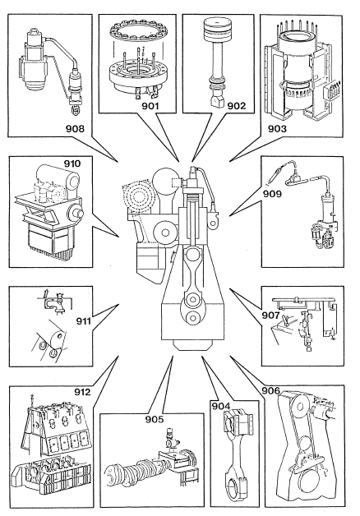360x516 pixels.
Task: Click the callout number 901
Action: [150, 106]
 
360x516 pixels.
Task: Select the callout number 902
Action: [237, 106]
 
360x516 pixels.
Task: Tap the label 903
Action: [277, 129]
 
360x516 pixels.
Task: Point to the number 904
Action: [220, 407]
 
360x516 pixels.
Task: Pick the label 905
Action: [155, 419]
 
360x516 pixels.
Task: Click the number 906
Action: [270, 390]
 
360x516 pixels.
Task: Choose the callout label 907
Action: [270, 316]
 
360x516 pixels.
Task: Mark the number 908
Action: [75, 129]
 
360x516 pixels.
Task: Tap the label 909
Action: [272, 194]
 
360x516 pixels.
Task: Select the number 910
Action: [72, 164]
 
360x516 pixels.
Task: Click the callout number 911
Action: [83, 320]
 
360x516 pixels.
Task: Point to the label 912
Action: [82, 392]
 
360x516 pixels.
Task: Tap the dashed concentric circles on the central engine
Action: [139, 198]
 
